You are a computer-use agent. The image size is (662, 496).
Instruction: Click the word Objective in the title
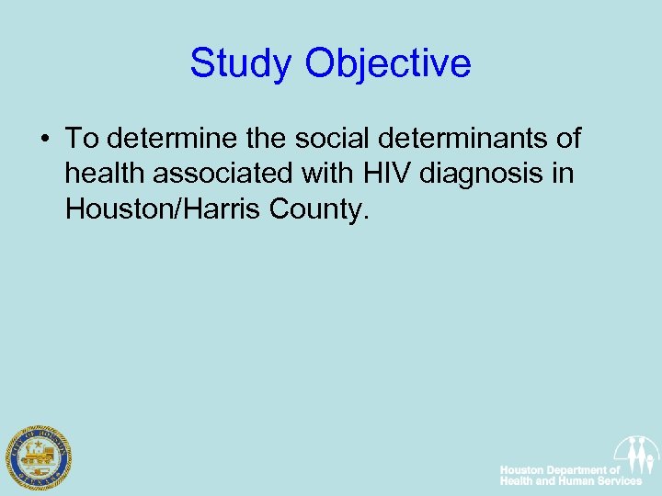(x=388, y=64)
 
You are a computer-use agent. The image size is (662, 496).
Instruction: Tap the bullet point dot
(x=45, y=140)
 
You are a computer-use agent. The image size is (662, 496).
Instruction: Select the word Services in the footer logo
(x=618, y=481)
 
